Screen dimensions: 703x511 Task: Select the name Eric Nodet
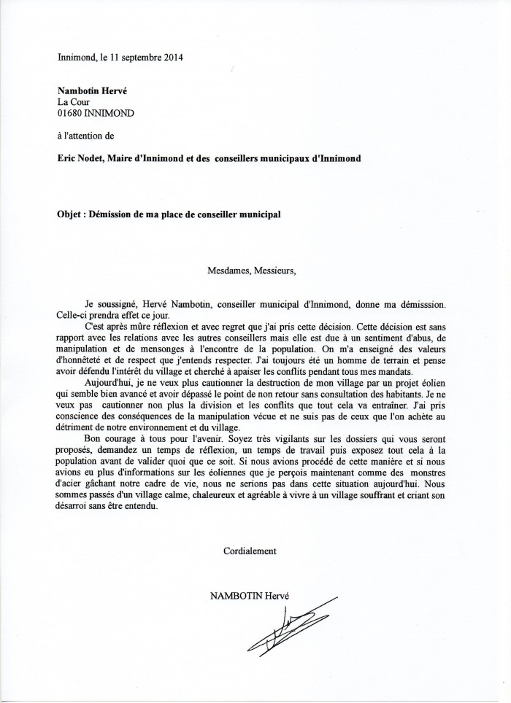(80, 158)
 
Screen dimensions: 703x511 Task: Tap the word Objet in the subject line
(69, 214)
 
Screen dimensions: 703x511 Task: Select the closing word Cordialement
(250, 551)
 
